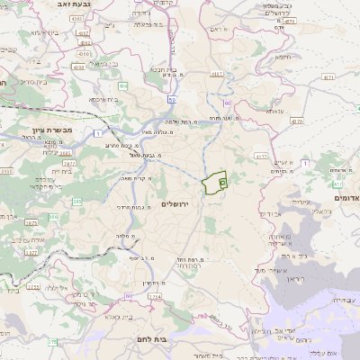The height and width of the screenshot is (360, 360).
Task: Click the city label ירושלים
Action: click(177, 204)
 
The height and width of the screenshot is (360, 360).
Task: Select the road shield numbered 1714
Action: click(154, 295)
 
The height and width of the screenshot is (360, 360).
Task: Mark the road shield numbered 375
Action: click(53, 342)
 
